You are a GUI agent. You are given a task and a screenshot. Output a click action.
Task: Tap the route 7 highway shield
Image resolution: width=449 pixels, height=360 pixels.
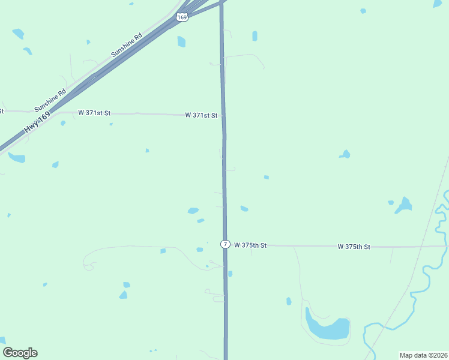[x=225, y=244]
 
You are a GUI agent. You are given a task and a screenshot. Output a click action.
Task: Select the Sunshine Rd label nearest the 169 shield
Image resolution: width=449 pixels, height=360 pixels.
[x=126, y=45]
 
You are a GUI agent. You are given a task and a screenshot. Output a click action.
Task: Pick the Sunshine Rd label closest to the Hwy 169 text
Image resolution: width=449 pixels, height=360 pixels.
[x=50, y=101]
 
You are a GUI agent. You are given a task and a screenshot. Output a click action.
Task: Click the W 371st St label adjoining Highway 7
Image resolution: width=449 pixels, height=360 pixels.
[x=201, y=115]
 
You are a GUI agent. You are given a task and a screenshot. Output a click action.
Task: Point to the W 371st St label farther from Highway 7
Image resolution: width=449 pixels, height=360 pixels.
[x=94, y=113]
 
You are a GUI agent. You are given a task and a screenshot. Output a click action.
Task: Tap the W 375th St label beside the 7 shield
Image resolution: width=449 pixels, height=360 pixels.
[x=250, y=245]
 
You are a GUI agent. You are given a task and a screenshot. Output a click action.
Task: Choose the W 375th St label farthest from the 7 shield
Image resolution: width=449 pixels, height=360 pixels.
[x=354, y=247]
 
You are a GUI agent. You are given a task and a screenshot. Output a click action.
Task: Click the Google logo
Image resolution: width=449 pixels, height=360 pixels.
[x=20, y=353]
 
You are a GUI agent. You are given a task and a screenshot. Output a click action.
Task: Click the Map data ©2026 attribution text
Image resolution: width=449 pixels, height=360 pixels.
[x=423, y=355]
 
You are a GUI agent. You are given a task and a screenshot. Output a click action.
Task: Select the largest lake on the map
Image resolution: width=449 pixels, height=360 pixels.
[x=327, y=328]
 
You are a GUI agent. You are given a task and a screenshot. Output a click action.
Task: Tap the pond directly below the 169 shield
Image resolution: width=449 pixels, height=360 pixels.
[x=181, y=41]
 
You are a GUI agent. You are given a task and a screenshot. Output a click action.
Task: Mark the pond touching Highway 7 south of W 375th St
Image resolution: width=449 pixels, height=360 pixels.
[x=230, y=274]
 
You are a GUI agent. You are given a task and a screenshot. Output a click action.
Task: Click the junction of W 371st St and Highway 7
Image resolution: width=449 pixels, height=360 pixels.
[x=223, y=115]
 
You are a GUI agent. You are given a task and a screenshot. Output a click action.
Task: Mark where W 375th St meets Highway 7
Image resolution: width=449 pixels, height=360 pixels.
[x=226, y=245]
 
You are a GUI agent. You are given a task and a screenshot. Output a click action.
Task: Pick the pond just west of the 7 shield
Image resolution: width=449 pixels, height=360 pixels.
[x=200, y=250]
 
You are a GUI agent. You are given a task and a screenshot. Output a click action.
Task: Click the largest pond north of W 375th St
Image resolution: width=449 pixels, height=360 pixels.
[x=404, y=205]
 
